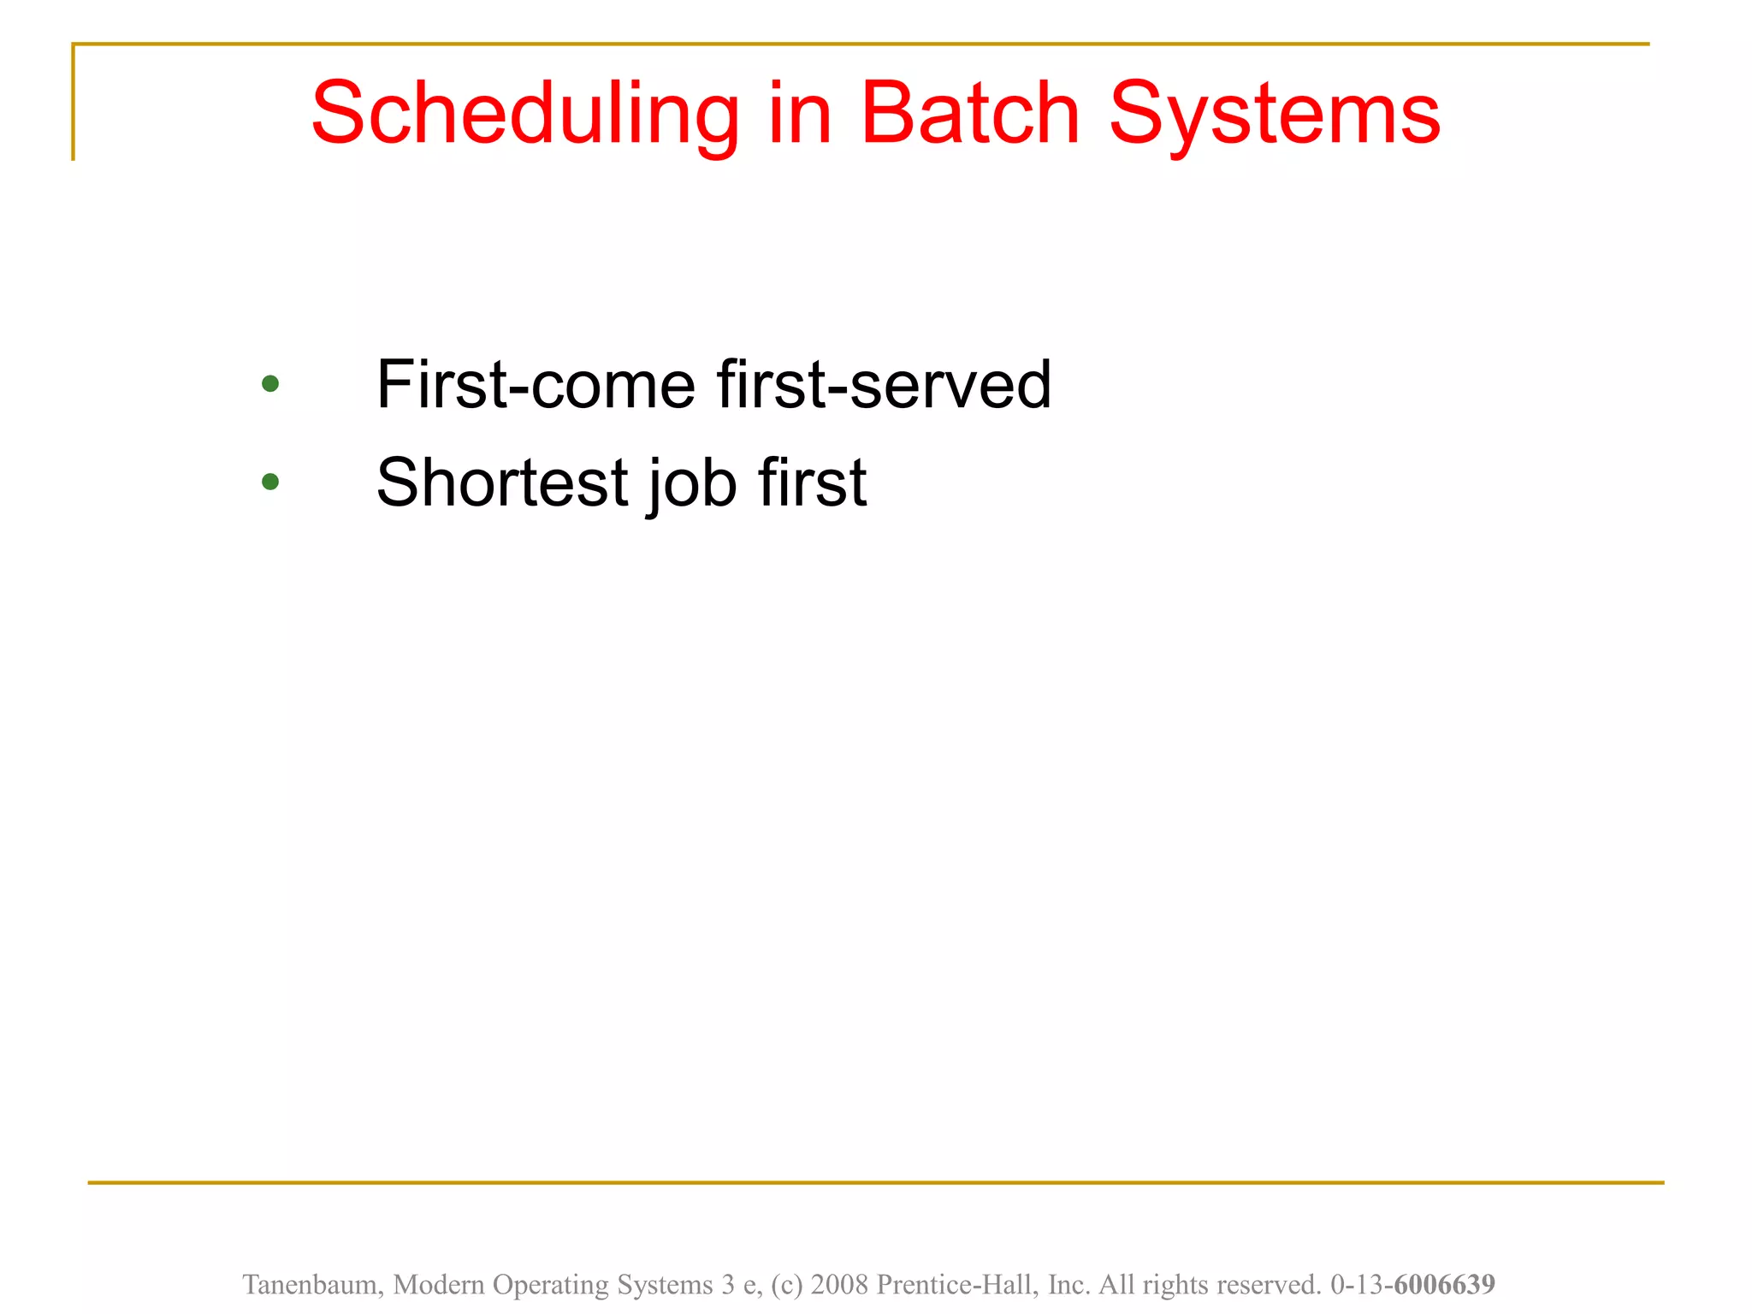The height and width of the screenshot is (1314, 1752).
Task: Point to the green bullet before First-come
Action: coord(270,384)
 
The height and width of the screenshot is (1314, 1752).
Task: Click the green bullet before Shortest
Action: coord(270,482)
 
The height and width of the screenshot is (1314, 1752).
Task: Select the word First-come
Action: coord(536,385)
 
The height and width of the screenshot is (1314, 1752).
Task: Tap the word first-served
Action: coord(884,385)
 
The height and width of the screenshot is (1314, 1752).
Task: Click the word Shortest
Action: coord(502,482)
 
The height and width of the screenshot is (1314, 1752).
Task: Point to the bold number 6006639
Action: coord(1444,1284)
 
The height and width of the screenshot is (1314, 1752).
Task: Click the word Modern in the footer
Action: coord(439,1284)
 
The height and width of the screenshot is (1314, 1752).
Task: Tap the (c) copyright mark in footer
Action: coord(787,1284)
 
